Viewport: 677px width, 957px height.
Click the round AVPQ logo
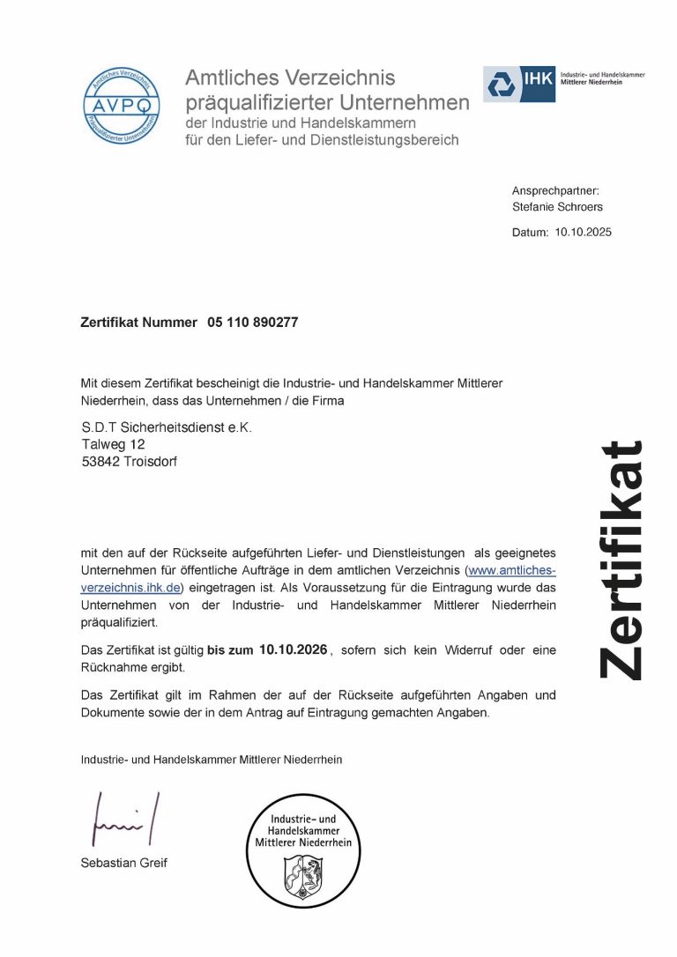click(x=123, y=107)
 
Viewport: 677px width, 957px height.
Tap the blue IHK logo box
click(x=519, y=84)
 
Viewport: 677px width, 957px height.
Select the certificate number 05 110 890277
click(x=253, y=323)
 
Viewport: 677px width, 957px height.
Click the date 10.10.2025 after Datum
click(x=584, y=233)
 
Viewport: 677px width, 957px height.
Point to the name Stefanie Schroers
click(x=558, y=207)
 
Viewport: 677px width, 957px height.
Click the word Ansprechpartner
click(x=554, y=190)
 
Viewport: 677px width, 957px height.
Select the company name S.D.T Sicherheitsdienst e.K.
click(x=167, y=427)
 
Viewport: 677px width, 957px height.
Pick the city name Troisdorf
click(x=151, y=461)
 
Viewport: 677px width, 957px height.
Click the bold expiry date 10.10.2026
click(x=294, y=649)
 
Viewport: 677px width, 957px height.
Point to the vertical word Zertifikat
click(x=622, y=559)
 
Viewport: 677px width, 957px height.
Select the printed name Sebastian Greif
click(x=123, y=863)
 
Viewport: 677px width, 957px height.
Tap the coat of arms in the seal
click(x=302, y=876)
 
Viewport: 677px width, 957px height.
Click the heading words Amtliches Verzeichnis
click(x=290, y=78)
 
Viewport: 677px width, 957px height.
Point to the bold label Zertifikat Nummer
click(x=138, y=323)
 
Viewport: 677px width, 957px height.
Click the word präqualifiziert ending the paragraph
click(x=119, y=622)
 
